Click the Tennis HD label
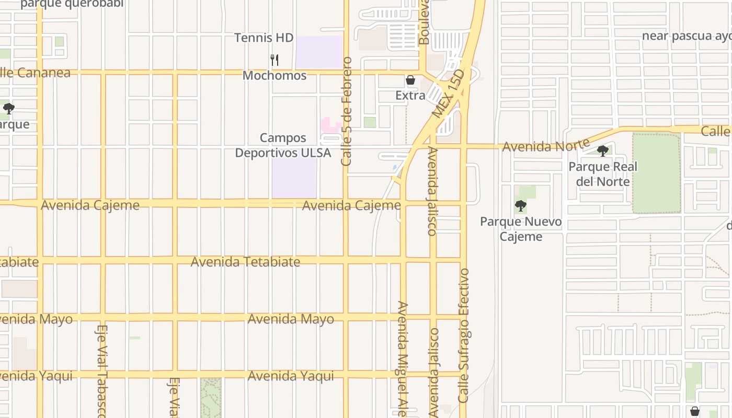click(x=264, y=38)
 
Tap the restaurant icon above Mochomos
click(x=274, y=60)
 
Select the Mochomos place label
click(x=274, y=75)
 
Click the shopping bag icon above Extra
click(x=410, y=80)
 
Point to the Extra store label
click(x=410, y=95)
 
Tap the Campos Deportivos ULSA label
click(x=283, y=145)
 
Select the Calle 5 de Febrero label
click(x=347, y=111)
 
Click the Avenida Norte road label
click(x=545, y=145)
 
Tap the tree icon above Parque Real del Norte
click(x=603, y=151)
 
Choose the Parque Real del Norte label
click(x=603, y=174)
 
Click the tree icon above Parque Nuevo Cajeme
click(x=520, y=205)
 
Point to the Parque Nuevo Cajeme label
click(x=521, y=229)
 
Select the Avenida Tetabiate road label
click(x=245, y=261)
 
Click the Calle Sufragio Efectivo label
click(x=464, y=335)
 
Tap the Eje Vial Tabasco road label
click(x=102, y=371)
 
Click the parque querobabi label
click(x=72, y=4)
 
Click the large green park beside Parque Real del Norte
click(x=656, y=173)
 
